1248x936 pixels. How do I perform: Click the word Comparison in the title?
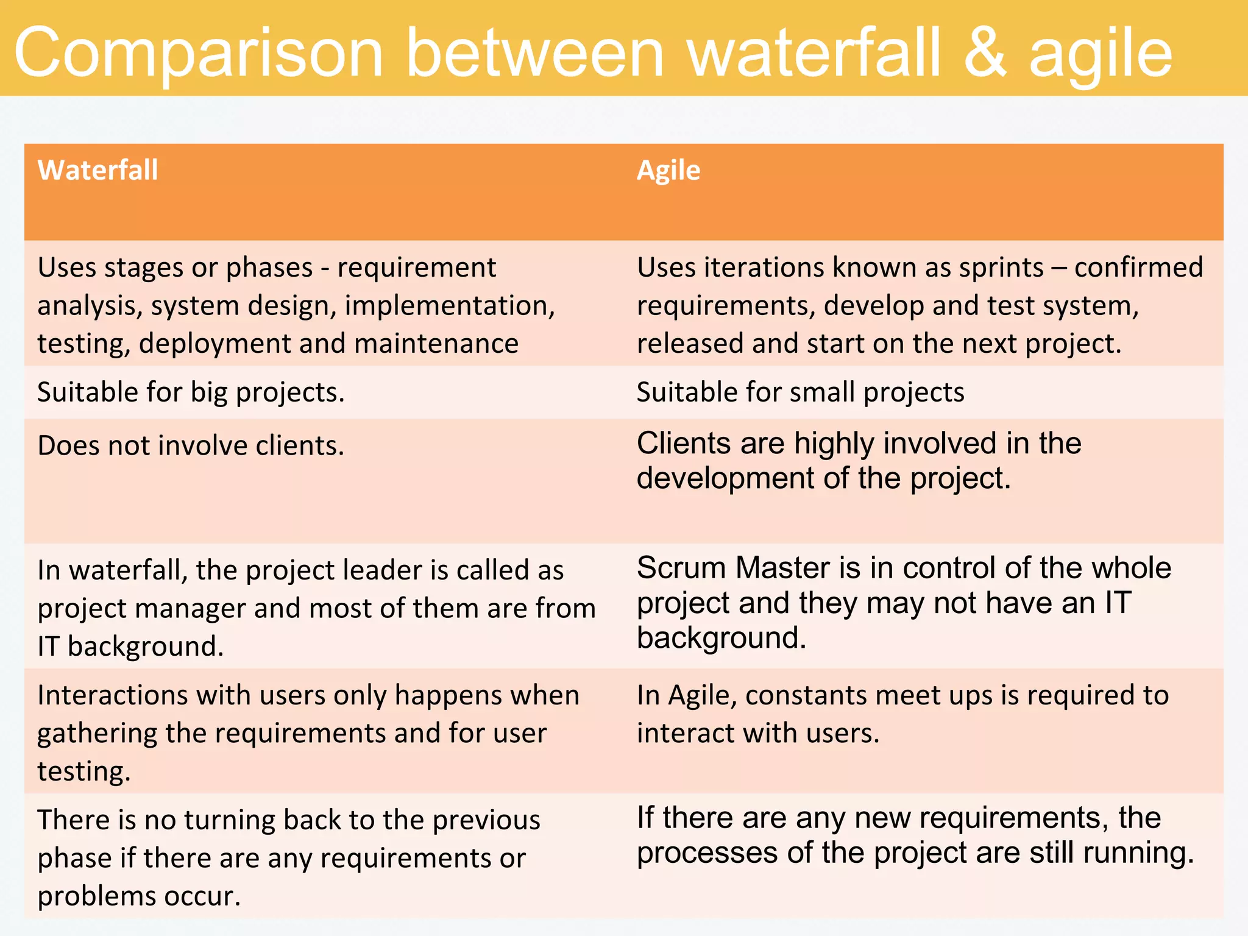[199, 54]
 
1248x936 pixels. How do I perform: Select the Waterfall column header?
[97, 170]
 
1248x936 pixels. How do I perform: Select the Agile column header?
[668, 170]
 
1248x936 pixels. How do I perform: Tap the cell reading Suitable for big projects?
[191, 392]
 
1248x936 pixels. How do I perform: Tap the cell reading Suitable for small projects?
[800, 392]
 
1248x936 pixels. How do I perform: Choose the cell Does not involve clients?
[191, 446]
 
